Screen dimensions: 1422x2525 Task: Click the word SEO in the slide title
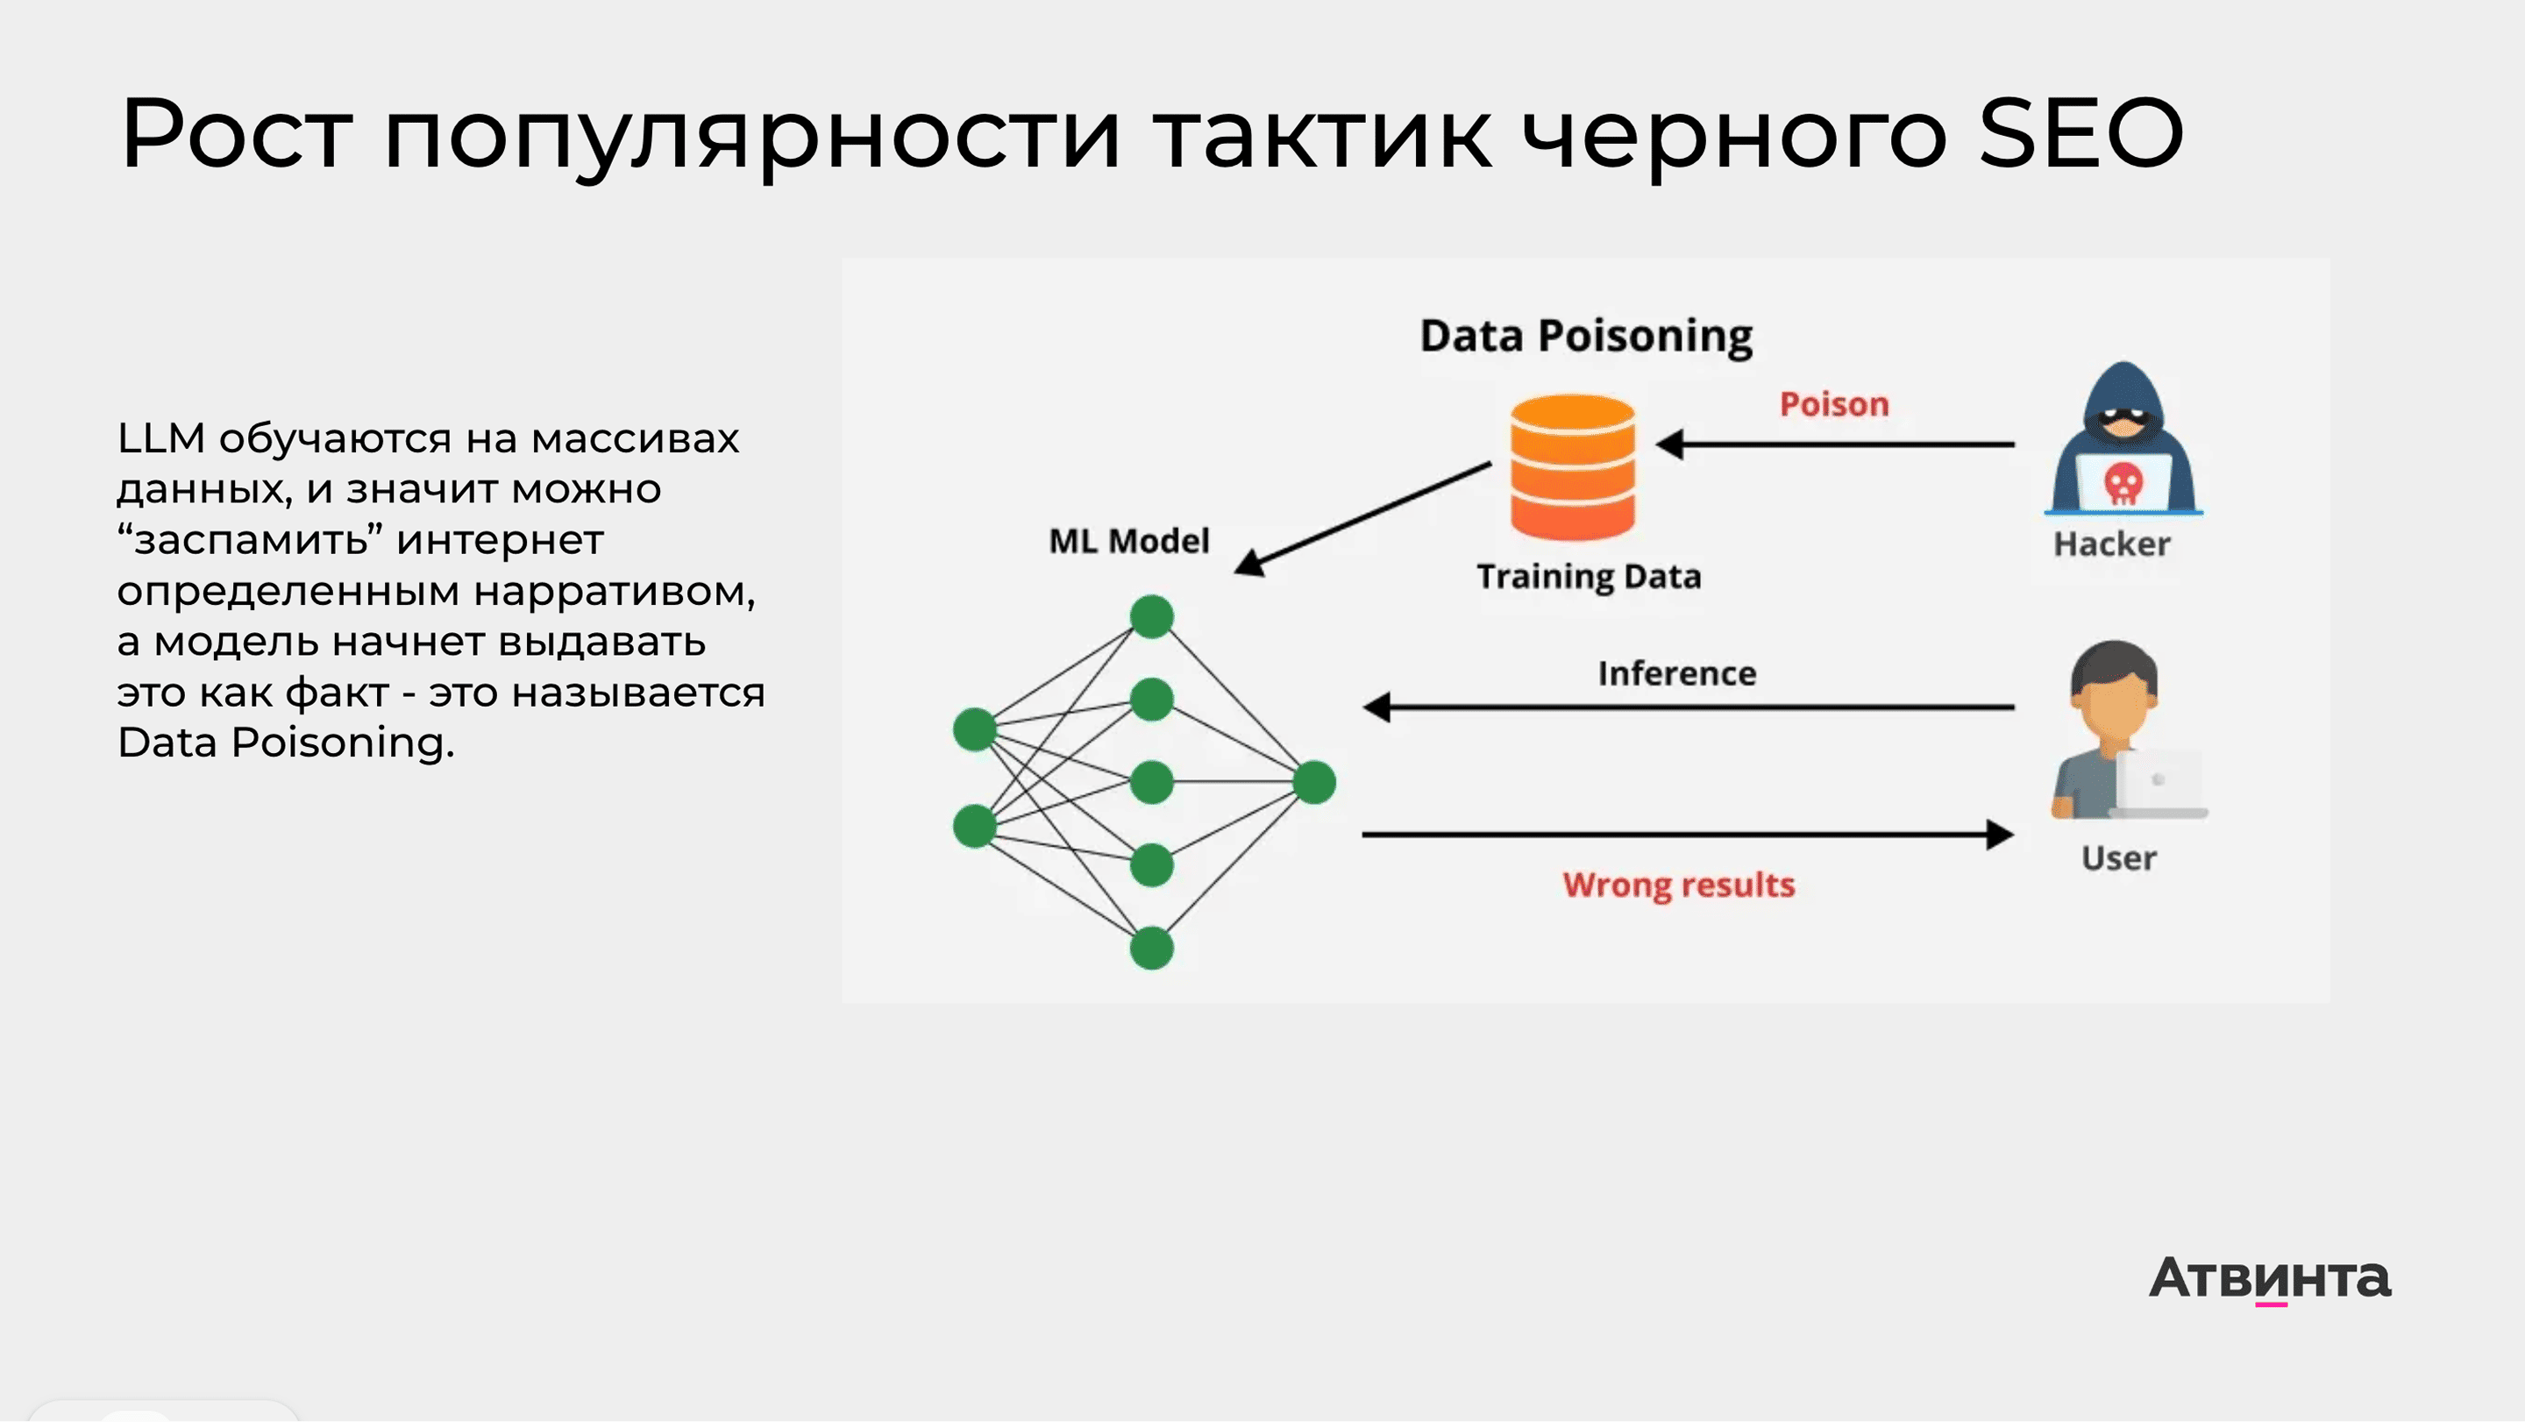(2080, 134)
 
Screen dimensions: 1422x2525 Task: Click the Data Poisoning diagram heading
(1586, 336)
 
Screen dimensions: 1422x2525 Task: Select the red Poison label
(1834, 404)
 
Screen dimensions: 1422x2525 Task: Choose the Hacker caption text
(2111, 544)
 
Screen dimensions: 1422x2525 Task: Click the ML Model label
(1129, 541)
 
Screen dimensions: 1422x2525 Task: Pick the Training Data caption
(1589, 576)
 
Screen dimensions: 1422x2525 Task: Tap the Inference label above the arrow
(1677, 673)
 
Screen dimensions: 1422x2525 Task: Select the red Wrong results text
(1678, 885)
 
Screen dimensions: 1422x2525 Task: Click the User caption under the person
(2118, 857)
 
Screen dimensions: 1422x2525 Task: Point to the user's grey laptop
(2159, 785)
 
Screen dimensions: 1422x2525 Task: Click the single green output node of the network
(1314, 782)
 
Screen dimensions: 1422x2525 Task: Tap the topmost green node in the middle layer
(1152, 616)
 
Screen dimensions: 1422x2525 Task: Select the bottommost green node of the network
(1152, 948)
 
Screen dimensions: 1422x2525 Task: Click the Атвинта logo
(2269, 1278)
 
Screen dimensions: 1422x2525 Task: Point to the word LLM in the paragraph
(160, 438)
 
